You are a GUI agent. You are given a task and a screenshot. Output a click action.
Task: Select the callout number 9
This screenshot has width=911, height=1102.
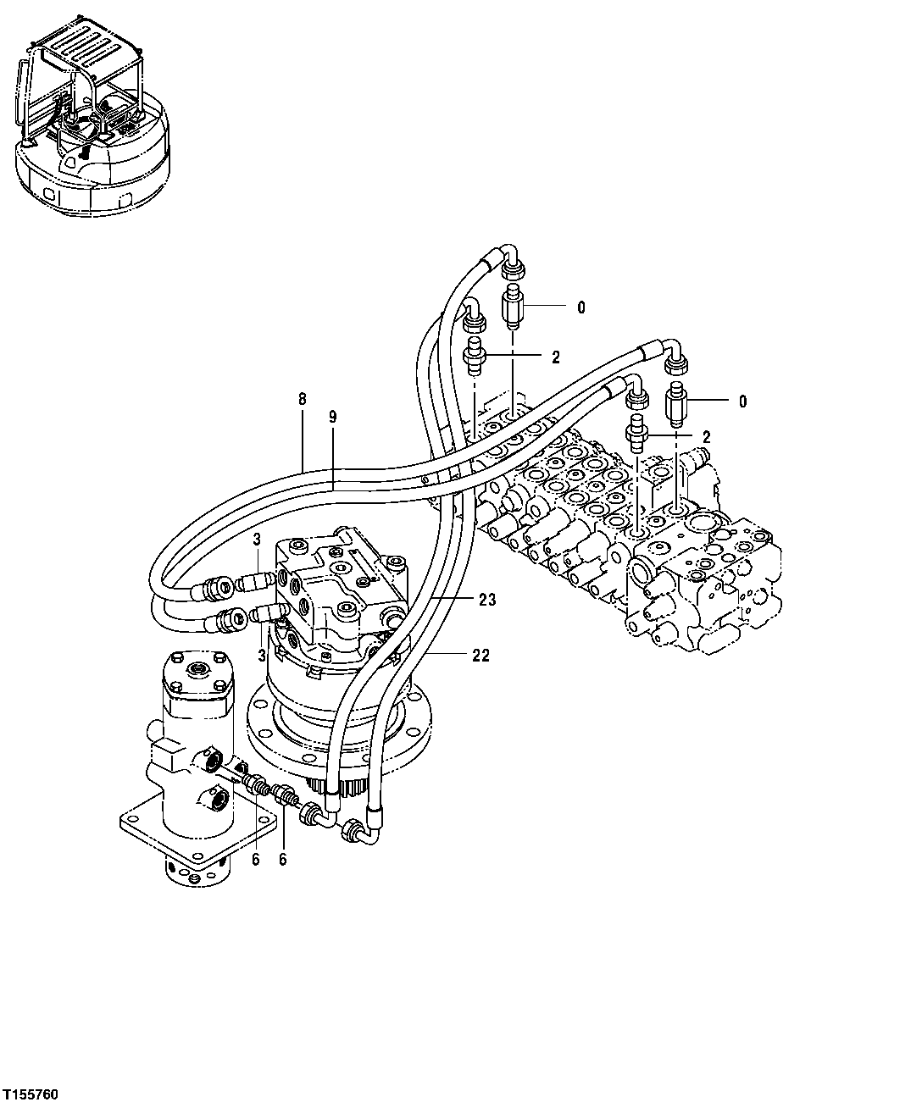[332, 417]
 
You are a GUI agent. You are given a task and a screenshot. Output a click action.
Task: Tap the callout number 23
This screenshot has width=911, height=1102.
[486, 600]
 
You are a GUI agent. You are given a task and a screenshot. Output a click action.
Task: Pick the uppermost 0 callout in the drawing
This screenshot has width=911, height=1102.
[580, 307]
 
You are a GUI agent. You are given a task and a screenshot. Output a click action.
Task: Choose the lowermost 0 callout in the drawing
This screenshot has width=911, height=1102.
[742, 401]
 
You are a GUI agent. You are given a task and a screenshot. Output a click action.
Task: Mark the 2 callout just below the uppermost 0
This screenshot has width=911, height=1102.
[556, 357]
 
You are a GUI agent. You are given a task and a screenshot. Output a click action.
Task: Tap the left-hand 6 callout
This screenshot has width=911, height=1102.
[255, 859]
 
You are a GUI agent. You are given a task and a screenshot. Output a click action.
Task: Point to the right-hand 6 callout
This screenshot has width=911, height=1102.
[282, 859]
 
